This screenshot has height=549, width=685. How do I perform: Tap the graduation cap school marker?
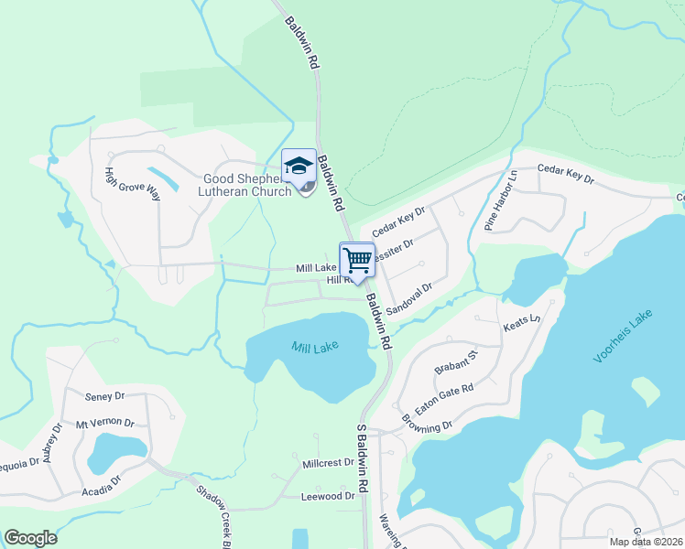click(299, 166)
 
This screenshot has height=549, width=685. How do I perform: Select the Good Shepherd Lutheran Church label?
click(245, 185)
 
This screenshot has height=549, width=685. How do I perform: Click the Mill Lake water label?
click(315, 348)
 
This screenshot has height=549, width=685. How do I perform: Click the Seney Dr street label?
click(103, 396)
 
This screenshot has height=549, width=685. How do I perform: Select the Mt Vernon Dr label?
click(104, 424)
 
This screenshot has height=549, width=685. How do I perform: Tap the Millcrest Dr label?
click(328, 463)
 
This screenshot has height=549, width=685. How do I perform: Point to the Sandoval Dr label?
click(408, 299)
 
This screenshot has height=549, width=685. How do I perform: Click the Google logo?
click(31, 538)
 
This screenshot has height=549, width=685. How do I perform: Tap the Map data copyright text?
click(646, 542)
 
